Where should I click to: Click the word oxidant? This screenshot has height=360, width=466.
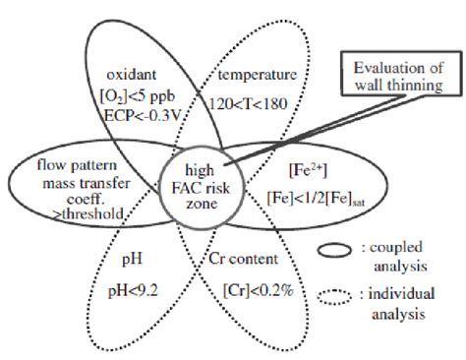coord(132,74)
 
